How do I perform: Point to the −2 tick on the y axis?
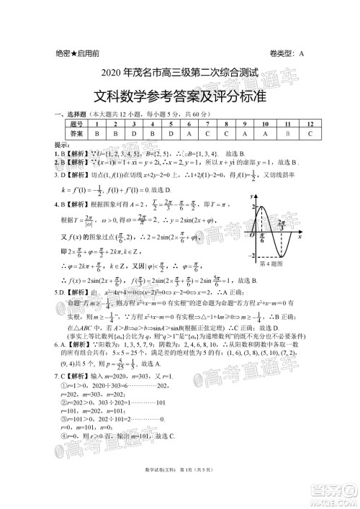coord(253,257)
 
